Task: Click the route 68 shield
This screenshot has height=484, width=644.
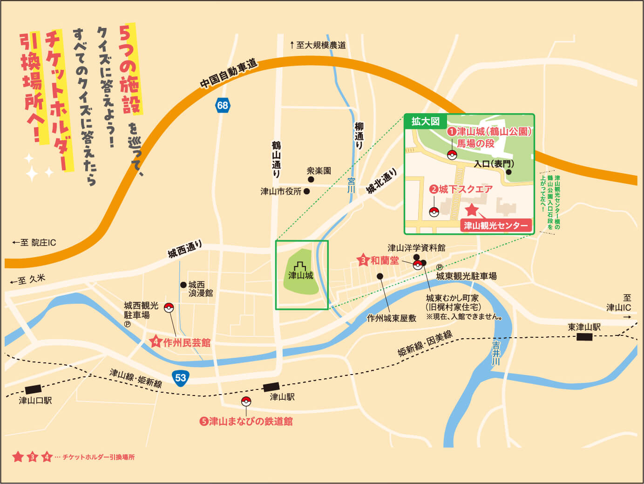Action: coord(223,105)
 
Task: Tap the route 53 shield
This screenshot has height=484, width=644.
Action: coord(181,377)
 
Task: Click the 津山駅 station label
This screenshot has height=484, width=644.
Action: coord(282,397)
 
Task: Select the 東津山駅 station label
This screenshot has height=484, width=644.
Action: coord(584,327)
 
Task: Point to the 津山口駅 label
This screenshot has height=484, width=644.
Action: coord(35,400)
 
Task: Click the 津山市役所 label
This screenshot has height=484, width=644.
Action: coord(281,191)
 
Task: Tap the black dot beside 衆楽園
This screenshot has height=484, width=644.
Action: coord(311,179)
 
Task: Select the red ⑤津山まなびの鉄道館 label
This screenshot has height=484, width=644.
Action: coord(246,422)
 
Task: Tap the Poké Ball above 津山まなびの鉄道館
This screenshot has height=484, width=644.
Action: coord(246,402)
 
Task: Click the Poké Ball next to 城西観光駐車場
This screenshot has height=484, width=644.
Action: coord(169,307)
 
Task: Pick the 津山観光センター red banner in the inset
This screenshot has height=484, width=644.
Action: coord(496,226)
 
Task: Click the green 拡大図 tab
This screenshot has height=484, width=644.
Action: coord(425,122)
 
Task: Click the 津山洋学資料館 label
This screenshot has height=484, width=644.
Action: coord(416,248)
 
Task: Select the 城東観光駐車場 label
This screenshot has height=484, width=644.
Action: coord(466,276)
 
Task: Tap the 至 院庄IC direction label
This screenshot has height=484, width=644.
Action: coord(34,243)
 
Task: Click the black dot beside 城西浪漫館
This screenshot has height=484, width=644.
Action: coord(183,285)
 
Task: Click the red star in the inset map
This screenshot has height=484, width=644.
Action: coord(472,210)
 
